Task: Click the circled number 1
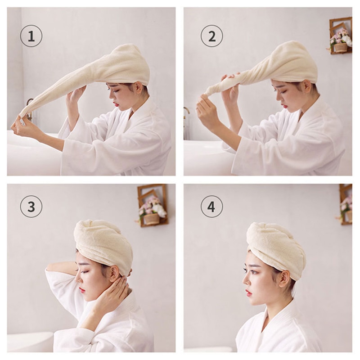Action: pyautogui.click(x=31, y=36)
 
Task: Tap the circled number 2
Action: pyautogui.click(x=211, y=36)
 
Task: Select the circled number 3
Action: pyautogui.click(x=31, y=207)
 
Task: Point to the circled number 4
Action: pyautogui.click(x=211, y=207)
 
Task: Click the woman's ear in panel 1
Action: pyautogui.click(x=139, y=87)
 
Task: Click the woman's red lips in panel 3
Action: pyautogui.click(x=82, y=290)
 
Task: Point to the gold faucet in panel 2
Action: pyautogui.click(x=186, y=115)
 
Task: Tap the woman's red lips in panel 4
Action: pyautogui.click(x=248, y=292)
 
